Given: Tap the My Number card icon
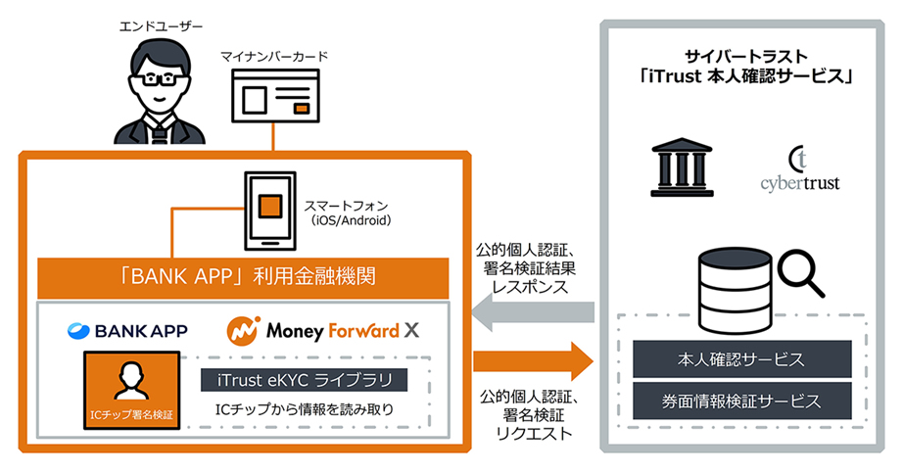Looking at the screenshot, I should pos(275,104).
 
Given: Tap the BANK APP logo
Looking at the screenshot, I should pos(127,331).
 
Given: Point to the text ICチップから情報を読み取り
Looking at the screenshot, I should pos(303,409).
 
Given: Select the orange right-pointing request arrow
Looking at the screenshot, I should pos(534,360).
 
